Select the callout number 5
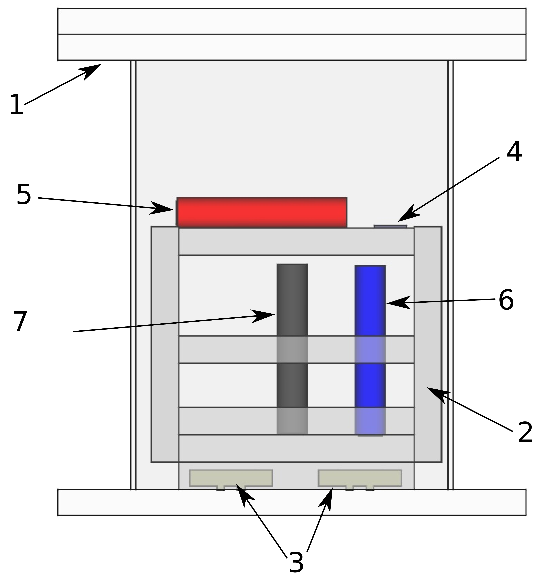click(24, 194)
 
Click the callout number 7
click(20, 322)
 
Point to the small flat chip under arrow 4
click(390, 226)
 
